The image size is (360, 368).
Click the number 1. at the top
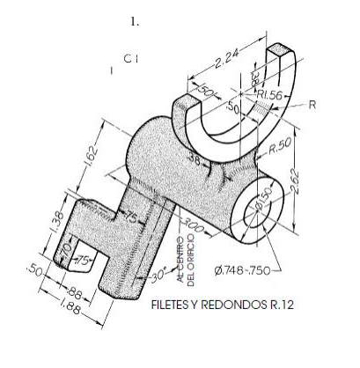point(136,21)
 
